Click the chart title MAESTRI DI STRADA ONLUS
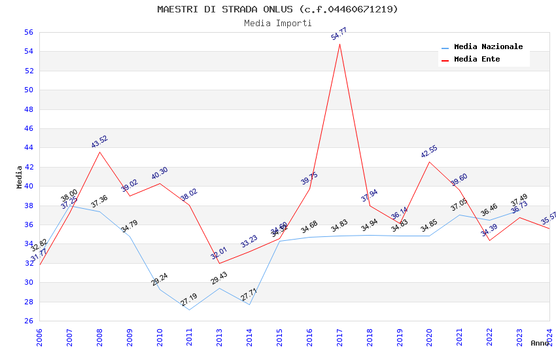[x=277, y=9]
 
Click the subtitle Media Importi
[x=277, y=23]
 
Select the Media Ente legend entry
[x=477, y=59]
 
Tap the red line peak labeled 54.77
[x=339, y=44]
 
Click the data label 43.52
[x=99, y=142]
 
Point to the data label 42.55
[x=429, y=152]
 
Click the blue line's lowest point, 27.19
[x=189, y=310]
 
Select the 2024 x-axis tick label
[x=549, y=333]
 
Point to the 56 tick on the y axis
[x=28, y=32]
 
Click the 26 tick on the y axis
[x=28, y=321]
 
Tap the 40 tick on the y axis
[x=28, y=186]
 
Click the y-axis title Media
[x=19, y=177]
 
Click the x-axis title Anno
[x=540, y=343]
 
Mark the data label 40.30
[x=160, y=173]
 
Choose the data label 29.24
[x=160, y=279]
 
